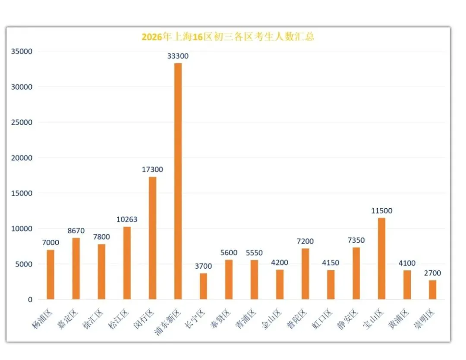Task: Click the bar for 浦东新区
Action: coord(178,181)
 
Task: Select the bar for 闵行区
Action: coord(152,238)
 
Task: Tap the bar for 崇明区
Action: coord(432,290)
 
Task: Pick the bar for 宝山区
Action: coord(381,259)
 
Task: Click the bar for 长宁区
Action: coord(203,286)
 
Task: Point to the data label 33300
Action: coord(178,56)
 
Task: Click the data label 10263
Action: coord(127,219)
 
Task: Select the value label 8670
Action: coord(76,231)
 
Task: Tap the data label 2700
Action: coord(432,273)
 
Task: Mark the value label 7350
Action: coord(356,240)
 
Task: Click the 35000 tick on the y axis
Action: coord(22,51)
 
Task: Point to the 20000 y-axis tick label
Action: coord(22,158)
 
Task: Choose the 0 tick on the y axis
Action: coord(30,300)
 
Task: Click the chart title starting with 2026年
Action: coord(228,37)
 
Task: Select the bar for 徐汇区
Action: coord(101,272)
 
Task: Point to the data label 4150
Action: coord(331,263)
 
